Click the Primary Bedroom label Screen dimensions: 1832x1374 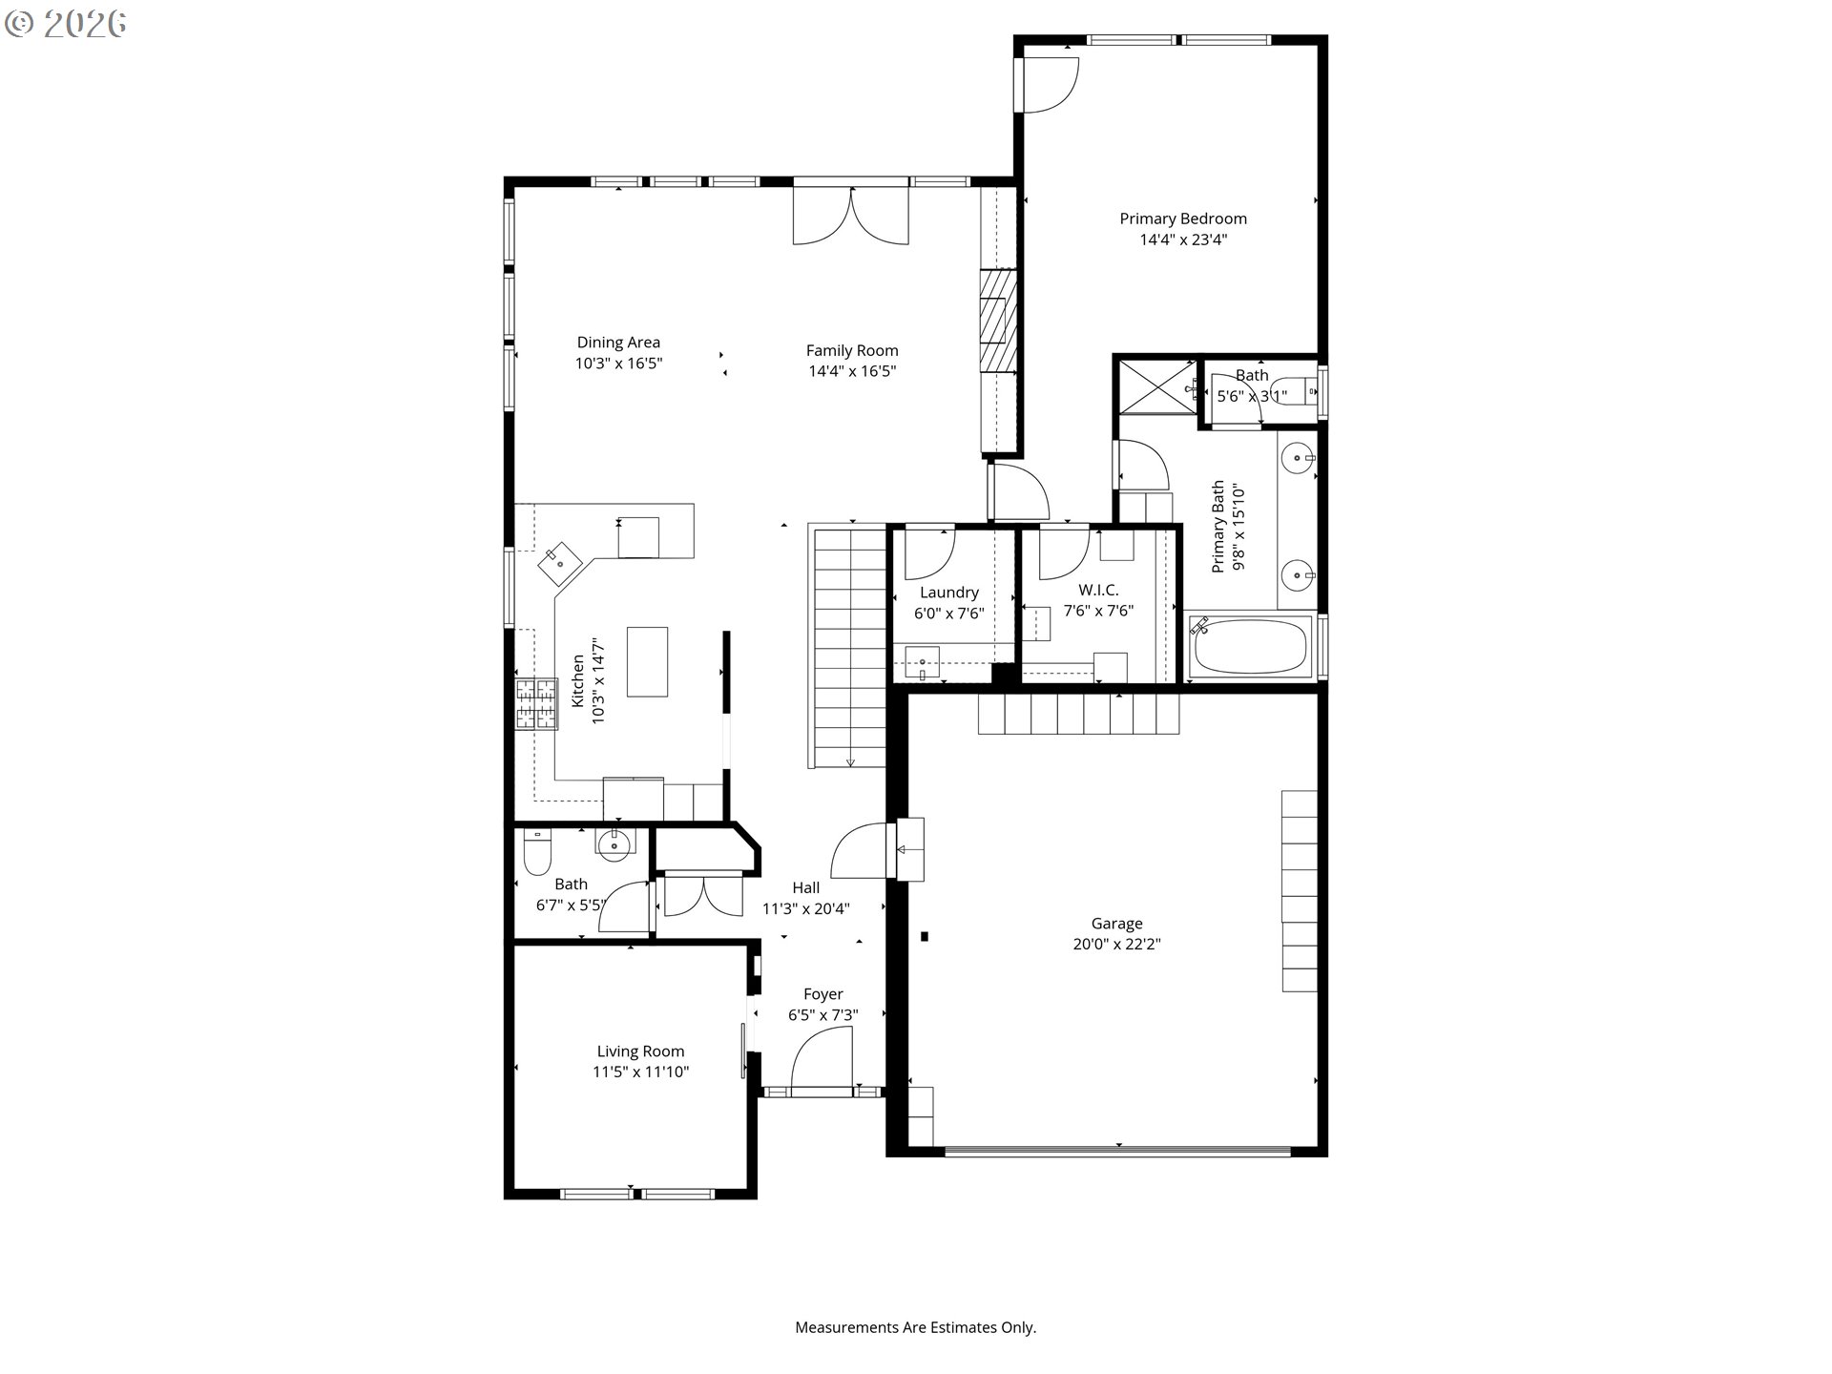[x=1183, y=219]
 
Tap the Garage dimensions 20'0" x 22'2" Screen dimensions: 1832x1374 [x=1116, y=945]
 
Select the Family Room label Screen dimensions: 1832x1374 [x=852, y=351]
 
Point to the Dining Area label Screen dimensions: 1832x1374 [x=618, y=343]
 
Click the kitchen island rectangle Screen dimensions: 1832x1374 [x=647, y=662]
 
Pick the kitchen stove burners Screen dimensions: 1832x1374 [x=537, y=704]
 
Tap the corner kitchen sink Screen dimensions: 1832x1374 [x=559, y=564]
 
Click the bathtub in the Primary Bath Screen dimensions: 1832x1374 [x=1249, y=647]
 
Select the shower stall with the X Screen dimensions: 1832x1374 [x=1156, y=386]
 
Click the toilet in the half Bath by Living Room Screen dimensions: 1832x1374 [x=537, y=852]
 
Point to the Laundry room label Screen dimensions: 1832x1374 [x=949, y=593]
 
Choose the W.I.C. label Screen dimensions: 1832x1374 [x=1098, y=591]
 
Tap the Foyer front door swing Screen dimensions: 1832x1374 [x=822, y=1057]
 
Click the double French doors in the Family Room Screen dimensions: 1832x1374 [x=851, y=216]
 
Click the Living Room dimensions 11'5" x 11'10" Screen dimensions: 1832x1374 [x=640, y=1072]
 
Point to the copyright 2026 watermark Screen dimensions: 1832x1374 [x=66, y=24]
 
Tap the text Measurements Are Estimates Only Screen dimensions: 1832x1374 [x=916, y=1327]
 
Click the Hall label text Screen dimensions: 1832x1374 [x=806, y=887]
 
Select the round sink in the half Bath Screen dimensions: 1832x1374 [x=614, y=843]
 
